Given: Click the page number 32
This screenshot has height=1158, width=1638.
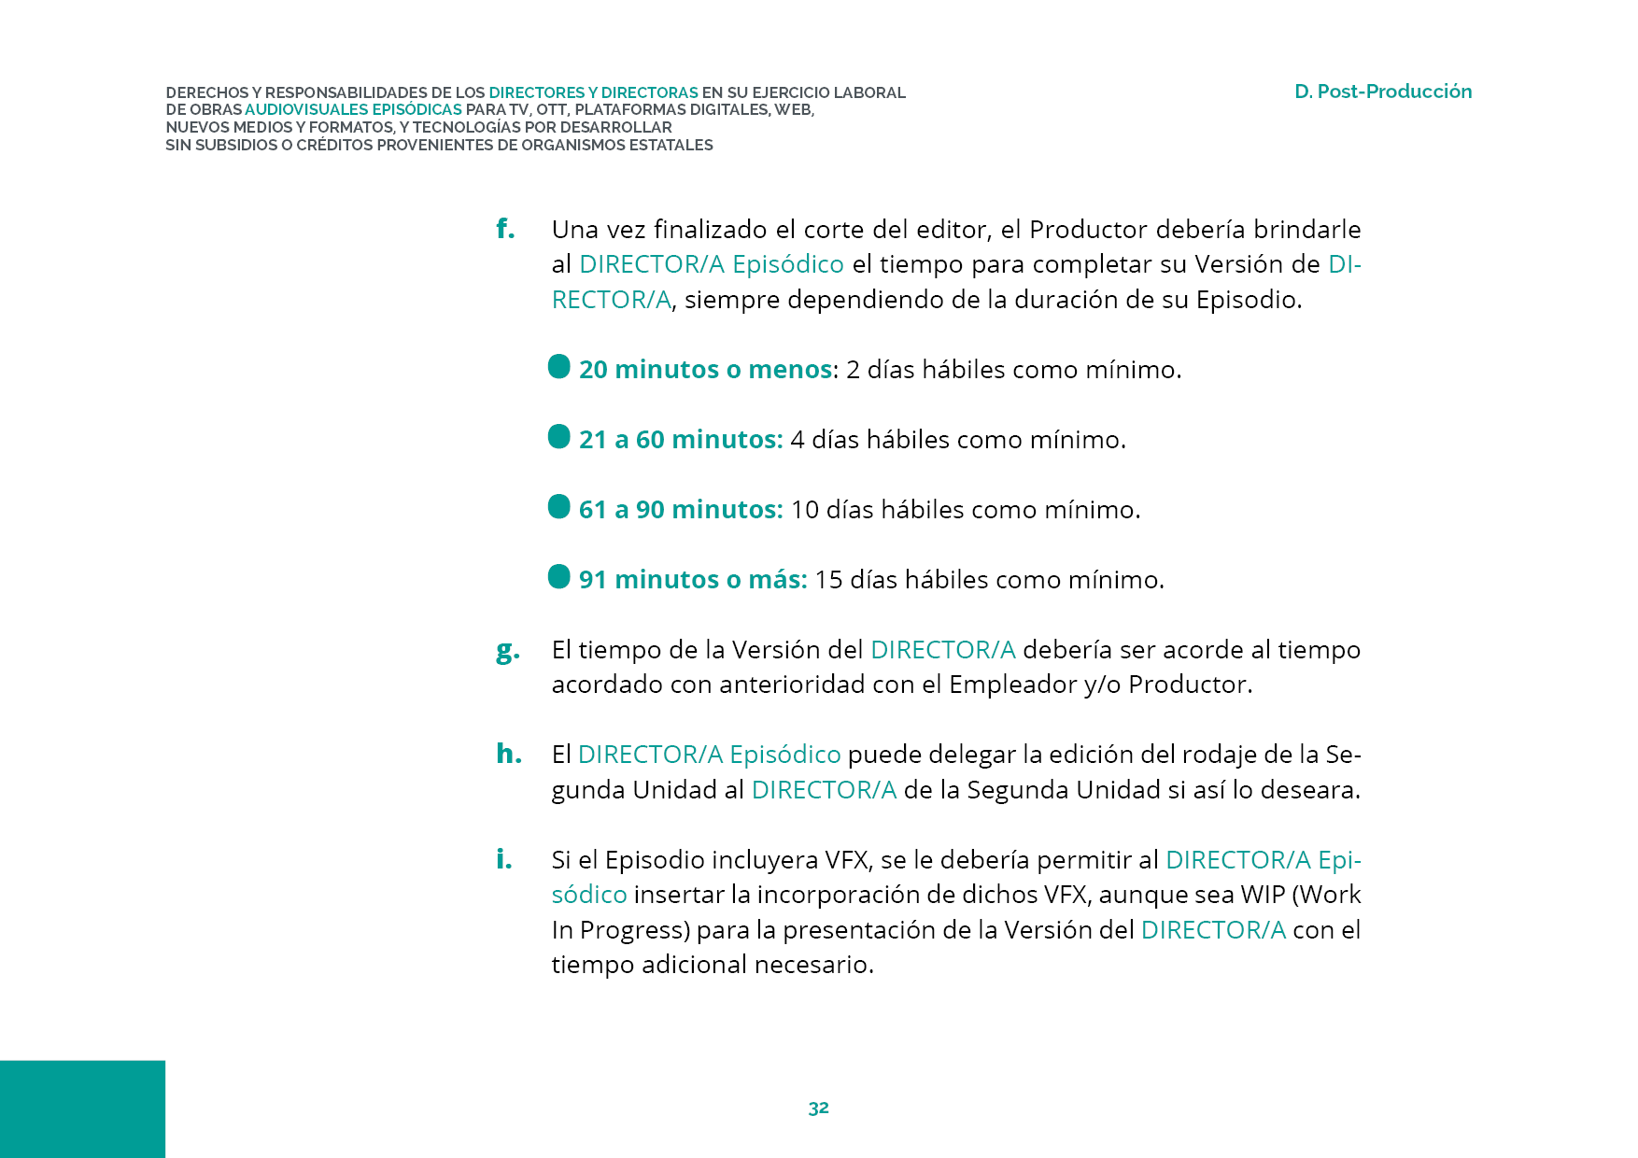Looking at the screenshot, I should pyautogui.click(x=818, y=1109).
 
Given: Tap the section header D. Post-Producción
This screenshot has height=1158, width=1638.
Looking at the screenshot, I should pyautogui.click(x=1382, y=92).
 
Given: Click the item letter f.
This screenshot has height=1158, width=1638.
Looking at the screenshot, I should pyautogui.click(x=505, y=229).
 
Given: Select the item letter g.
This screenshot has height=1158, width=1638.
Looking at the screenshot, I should pyautogui.click(x=507, y=650).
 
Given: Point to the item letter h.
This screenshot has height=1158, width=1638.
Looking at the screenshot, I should pyautogui.click(x=508, y=754).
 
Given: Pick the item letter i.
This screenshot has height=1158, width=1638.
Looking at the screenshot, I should pyautogui.click(x=504, y=859).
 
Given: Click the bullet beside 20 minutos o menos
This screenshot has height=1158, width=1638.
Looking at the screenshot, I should pyautogui.click(x=559, y=367).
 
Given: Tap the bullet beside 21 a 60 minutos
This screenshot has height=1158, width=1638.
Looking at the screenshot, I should pyautogui.click(x=559, y=437).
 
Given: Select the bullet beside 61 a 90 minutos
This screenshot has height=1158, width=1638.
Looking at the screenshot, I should pyautogui.click(x=559, y=507).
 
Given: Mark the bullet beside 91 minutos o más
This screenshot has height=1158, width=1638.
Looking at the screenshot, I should pyautogui.click(x=559, y=577).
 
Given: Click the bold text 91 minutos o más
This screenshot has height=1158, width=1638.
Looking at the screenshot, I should pyautogui.click(x=692, y=580).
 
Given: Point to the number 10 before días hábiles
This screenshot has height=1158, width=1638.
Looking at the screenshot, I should pyautogui.click(x=804, y=510).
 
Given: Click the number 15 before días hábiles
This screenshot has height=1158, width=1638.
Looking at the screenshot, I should pyautogui.click(x=828, y=580).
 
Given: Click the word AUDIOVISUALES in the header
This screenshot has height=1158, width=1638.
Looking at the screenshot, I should pyautogui.click(x=306, y=110).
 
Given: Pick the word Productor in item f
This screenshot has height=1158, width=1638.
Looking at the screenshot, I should pyautogui.click(x=1088, y=230).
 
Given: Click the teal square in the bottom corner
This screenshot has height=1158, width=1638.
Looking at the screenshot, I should pyautogui.click(x=82, y=1109).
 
